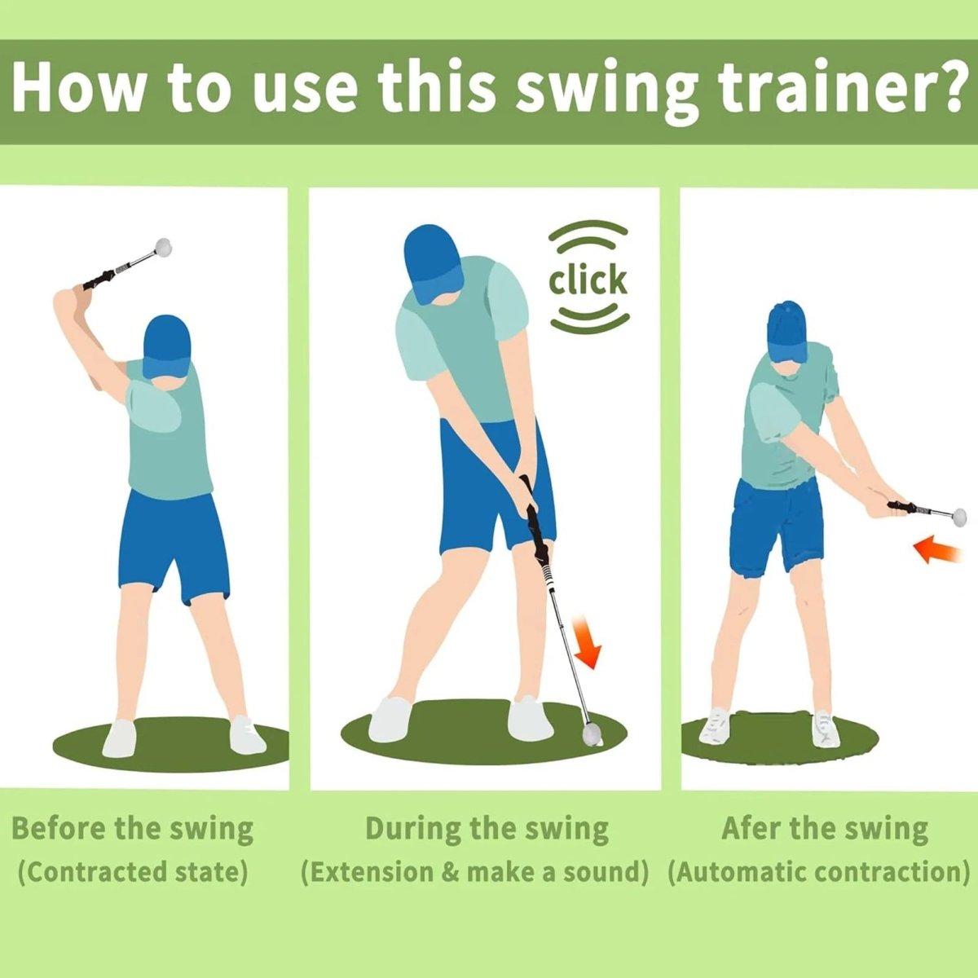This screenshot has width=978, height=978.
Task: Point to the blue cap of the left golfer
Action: (x=166, y=343)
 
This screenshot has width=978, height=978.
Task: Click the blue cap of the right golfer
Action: (x=787, y=330)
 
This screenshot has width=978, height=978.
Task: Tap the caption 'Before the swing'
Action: (x=133, y=829)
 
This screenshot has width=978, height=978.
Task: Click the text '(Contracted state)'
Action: (x=133, y=872)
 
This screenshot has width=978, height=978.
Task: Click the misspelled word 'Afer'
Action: (x=751, y=829)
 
